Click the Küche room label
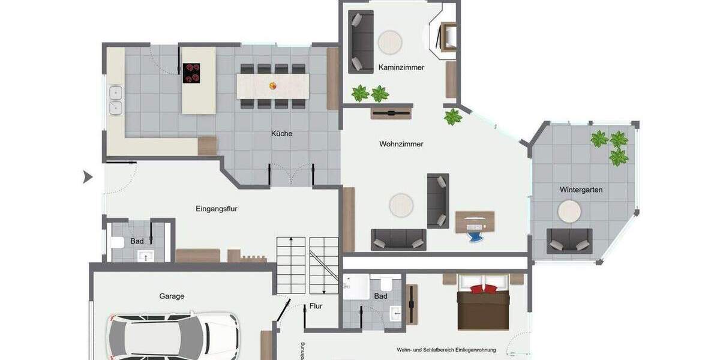pos(281,134)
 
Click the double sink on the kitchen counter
pos(115,101)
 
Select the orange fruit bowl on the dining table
pos(273,86)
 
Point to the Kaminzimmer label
pos(401,68)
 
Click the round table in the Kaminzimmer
pos(389,42)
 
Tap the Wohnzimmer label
pos(401,144)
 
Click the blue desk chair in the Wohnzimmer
pos(475,235)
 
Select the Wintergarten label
pos(581,190)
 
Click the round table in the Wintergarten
pos(569,212)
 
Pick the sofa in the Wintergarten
pos(569,241)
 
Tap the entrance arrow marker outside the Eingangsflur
pos(88,177)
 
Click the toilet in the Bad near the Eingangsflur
pos(118,242)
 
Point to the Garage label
pos(172,296)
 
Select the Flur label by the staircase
pos(316,306)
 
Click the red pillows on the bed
pos(483,289)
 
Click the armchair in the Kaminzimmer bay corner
pos(447,36)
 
